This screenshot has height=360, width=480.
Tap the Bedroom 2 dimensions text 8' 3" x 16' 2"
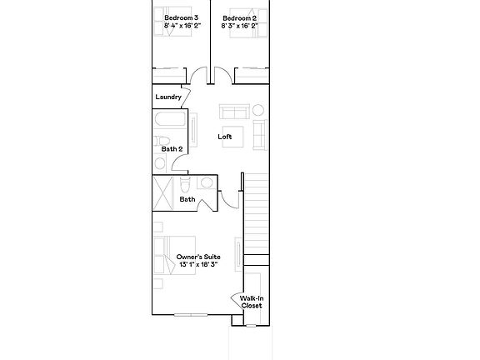click(239, 26)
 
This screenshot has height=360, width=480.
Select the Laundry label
click(167, 97)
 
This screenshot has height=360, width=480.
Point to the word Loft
click(225, 137)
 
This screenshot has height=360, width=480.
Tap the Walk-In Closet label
click(251, 302)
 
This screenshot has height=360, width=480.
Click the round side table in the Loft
click(257, 109)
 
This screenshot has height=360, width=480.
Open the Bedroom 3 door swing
click(197, 77)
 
